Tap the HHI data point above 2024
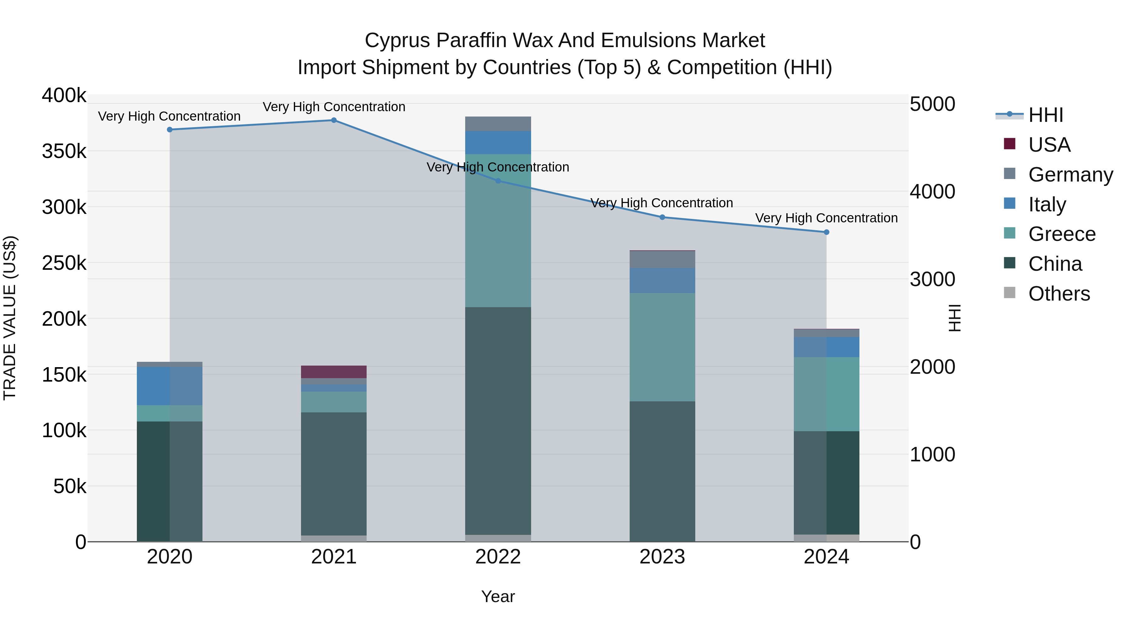tap(826, 232)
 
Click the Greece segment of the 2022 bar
tap(498, 231)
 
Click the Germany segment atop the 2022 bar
tap(498, 124)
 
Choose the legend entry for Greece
tap(1062, 234)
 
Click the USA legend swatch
tap(1009, 144)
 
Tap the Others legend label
tap(1059, 294)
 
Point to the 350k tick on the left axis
tap(64, 151)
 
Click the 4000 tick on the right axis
tap(932, 192)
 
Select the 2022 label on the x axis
tap(498, 557)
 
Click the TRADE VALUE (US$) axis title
tap(10, 318)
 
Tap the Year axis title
tap(498, 596)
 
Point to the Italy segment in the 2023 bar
tap(662, 280)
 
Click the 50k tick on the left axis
tap(69, 486)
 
